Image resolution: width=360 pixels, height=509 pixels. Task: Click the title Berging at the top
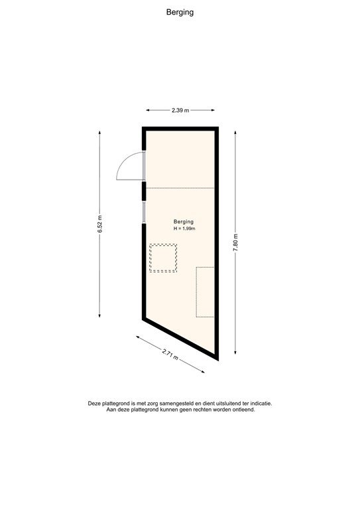point(180,11)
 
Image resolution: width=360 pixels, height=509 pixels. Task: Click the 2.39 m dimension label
point(180,111)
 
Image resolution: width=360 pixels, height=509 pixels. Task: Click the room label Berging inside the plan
point(184,221)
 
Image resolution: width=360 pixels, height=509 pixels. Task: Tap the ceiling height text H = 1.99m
point(184,229)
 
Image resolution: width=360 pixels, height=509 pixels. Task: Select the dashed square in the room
point(163,258)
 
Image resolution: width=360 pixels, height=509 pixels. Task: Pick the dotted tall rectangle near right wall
point(205,292)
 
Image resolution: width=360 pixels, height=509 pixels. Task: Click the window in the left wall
point(144,211)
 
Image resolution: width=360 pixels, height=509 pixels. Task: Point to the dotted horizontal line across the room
point(180,188)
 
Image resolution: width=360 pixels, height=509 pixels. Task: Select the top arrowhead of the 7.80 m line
point(235,133)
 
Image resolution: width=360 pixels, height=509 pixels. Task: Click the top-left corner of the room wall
point(144,128)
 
